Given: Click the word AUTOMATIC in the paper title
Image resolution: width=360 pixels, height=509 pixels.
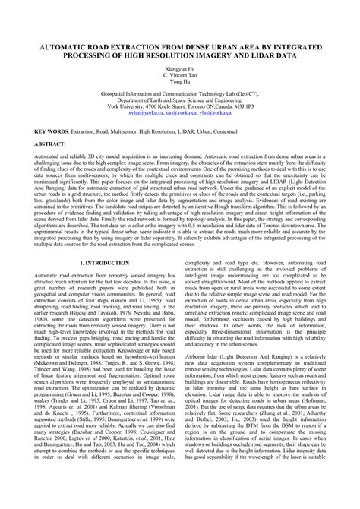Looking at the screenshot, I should [60, 46].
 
